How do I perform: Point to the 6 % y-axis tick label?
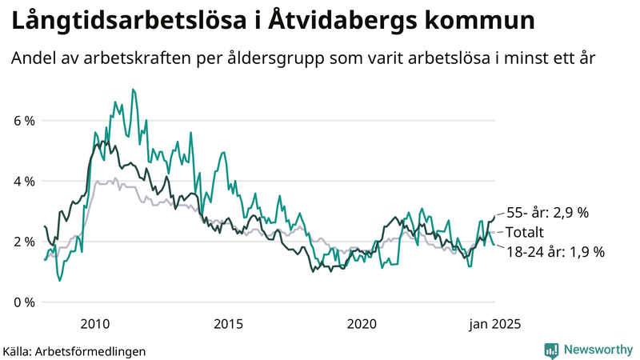(x=23, y=121)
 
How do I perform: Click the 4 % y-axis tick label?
(x=23, y=182)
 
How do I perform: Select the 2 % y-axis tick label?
(x=23, y=242)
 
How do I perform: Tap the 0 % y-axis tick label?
(x=23, y=302)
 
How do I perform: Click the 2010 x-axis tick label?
(x=95, y=324)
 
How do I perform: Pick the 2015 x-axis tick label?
(x=229, y=324)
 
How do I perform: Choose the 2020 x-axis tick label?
(x=362, y=324)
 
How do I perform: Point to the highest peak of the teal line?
(x=133, y=90)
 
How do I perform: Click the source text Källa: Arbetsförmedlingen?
(x=74, y=351)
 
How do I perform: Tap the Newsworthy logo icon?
(x=551, y=350)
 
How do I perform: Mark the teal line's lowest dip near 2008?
(x=59, y=280)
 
